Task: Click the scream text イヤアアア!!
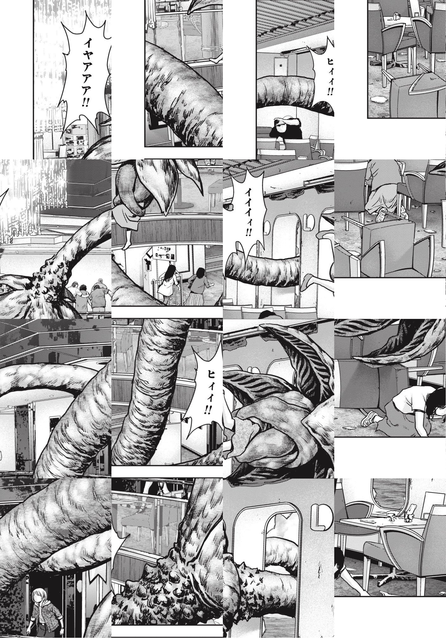coord(85,73)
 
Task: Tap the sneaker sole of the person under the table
coord(380,216)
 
